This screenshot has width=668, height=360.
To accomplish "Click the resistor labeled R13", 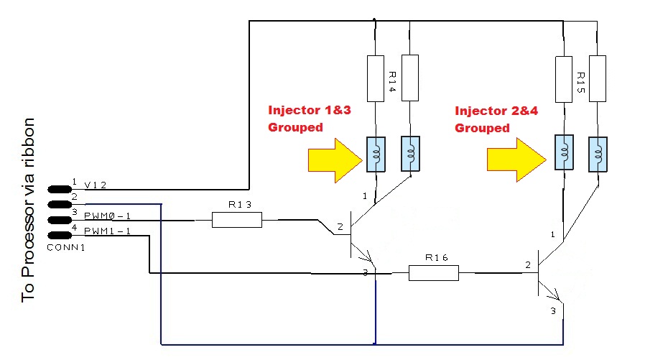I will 237,220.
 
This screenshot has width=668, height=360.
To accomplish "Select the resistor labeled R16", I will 433,273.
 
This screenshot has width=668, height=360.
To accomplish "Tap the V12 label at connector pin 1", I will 96,185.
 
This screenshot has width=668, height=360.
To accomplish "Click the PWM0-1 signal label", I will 108,215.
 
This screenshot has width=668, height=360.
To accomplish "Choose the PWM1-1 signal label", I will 108,231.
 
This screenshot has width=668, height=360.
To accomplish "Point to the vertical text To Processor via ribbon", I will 28,208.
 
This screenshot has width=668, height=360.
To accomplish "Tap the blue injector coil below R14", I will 376,154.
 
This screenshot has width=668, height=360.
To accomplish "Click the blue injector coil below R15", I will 564,154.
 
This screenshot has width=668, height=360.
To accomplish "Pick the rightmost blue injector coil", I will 598,154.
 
